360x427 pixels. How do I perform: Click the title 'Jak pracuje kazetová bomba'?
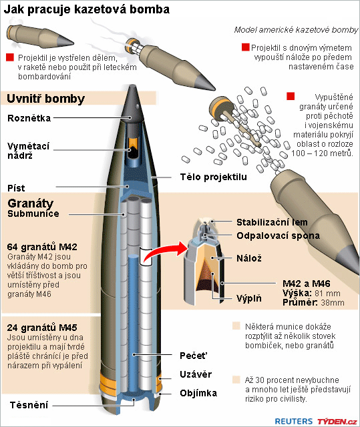pyautogui.click(x=86, y=9)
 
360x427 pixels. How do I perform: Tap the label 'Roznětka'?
pyautogui.click(x=29, y=118)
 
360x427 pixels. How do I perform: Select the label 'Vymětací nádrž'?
pyautogui.click(x=28, y=151)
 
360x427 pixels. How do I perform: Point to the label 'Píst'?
pyautogui.click(x=16, y=188)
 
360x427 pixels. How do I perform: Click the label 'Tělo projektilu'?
pyautogui.click(x=213, y=177)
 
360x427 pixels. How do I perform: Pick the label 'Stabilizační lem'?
pyautogui.click(x=272, y=222)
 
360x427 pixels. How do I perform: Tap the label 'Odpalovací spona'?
pyautogui.click(x=278, y=236)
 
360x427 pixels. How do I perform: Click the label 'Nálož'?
pyautogui.click(x=249, y=258)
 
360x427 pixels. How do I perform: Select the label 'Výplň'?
pyautogui.click(x=249, y=298)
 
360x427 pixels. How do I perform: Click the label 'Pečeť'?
pyautogui.click(x=194, y=356)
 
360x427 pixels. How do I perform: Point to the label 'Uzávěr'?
pyautogui.click(x=196, y=374)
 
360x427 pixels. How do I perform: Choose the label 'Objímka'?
pyautogui.click(x=198, y=393)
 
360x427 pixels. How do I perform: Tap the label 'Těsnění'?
pyautogui.click(x=29, y=405)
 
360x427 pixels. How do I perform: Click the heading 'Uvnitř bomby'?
pyautogui.click(x=46, y=99)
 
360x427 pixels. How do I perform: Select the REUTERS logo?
pyautogui.click(x=293, y=421)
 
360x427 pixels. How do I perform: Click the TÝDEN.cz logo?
pyautogui.click(x=337, y=422)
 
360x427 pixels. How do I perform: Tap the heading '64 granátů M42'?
pyautogui.click(x=42, y=247)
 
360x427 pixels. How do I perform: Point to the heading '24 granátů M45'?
pyautogui.click(x=42, y=328)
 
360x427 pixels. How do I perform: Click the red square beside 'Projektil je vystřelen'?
pyautogui.click(x=10, y=57)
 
